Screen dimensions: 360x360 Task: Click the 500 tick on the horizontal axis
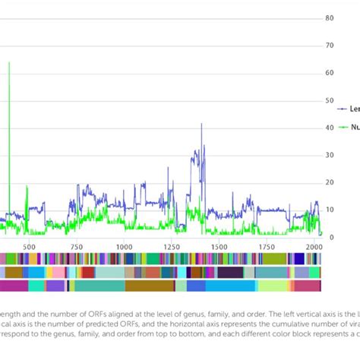tap(29, 247)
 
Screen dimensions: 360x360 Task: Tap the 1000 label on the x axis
tap(124, 247)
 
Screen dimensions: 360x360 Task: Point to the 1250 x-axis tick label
tap(172, 247)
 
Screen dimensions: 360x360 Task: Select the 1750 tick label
tap(266, 247)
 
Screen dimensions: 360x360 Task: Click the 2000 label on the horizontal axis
tap(313, 247)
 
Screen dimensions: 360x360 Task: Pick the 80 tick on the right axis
tap(330, 18)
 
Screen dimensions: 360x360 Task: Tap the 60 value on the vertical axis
tap(330, 73)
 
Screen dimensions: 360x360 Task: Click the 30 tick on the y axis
tap(330, 155)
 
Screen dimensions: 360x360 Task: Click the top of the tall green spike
tap(9, 63)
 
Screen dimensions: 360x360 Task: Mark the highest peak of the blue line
tap(201, 124)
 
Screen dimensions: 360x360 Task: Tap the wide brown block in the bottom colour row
tap(150, 286)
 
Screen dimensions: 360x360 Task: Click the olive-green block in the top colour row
tap(274, 258)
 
